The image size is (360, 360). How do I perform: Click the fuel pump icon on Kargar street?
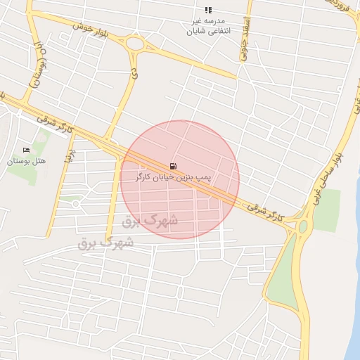[x=173, y=167]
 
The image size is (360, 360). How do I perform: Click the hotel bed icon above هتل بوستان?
[x=27, y=150]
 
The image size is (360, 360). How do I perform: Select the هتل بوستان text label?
[x=26, y=161]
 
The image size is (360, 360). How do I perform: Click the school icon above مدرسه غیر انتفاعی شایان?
[x=207, y=10]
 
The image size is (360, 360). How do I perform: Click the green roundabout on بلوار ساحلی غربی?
[x=303, y=226]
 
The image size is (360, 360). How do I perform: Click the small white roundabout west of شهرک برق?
[x=75, y=204]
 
